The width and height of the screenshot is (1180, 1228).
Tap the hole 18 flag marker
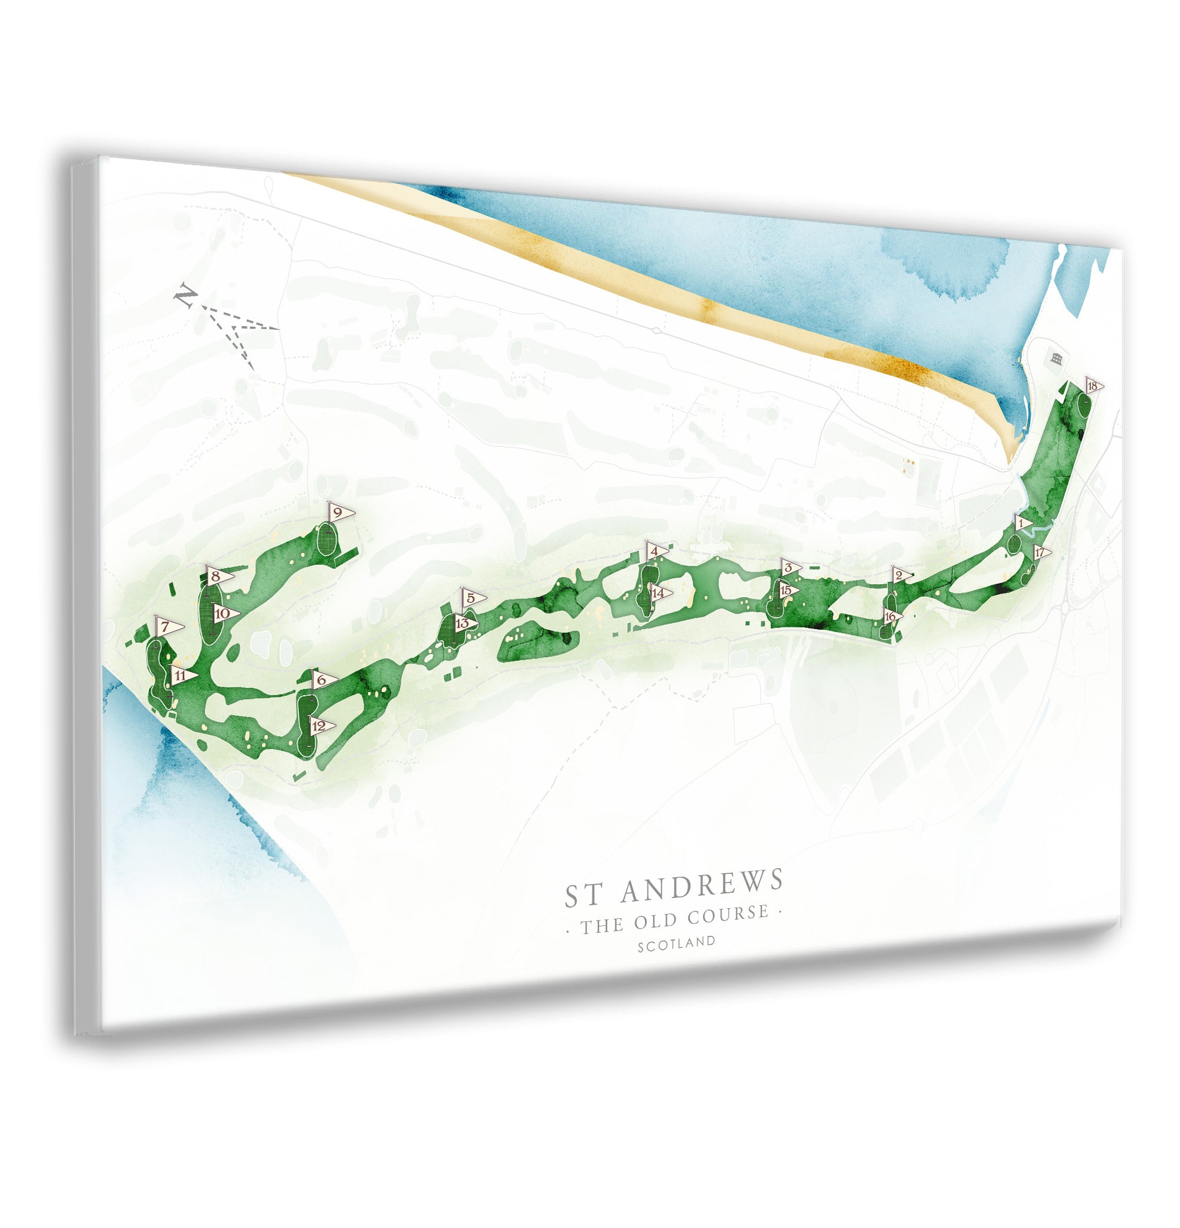tap(1093, 387)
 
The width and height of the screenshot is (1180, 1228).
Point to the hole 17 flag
tap(1040, 552)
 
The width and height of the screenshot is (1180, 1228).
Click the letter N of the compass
tap(184, 295)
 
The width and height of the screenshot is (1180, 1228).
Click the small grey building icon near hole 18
tap(1057, 359)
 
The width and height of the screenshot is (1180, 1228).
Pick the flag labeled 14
tap(658, 592)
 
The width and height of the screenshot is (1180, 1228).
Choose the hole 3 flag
tap(790, 568)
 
